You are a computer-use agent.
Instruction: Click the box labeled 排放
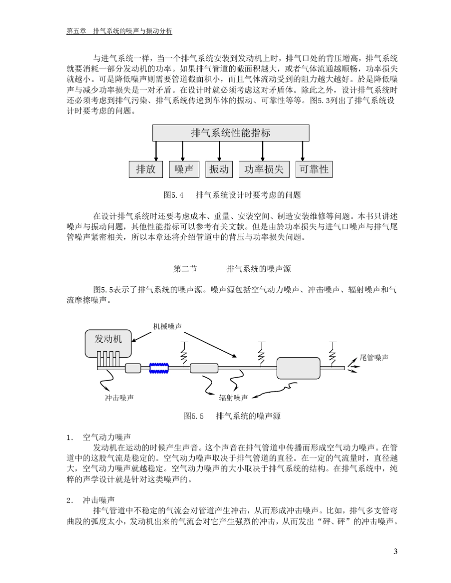coord(146,169)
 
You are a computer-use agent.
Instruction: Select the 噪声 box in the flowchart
coord(184,169)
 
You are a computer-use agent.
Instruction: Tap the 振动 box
coord(219,169)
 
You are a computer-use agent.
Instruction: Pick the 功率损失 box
coord(264,169)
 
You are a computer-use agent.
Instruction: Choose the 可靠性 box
coord(313,169)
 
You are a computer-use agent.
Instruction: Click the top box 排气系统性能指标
coord(230,133)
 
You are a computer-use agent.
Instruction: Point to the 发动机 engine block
coord(108,342)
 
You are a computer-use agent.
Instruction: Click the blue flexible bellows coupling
coord(159,368)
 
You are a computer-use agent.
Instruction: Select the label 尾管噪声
coord(374,358)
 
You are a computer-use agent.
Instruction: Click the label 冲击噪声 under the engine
coord(119,397)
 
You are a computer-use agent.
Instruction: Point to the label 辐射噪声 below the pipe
coord(233,397)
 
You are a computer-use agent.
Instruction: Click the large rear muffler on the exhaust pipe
coord(298,368)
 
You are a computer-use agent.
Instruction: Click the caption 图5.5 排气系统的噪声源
coord(232,416)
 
